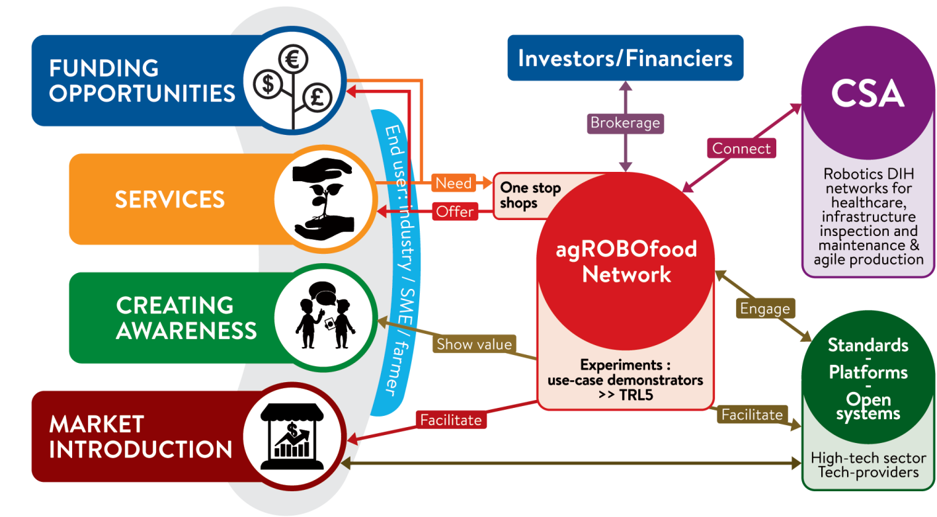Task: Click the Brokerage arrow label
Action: (625, 123)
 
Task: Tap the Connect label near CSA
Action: (741, 148)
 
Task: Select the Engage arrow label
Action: (764, 308)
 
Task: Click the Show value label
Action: (474, 344)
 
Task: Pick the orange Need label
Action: (454, 182)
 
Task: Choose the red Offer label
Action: (454, 212)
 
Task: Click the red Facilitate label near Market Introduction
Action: (451, 419)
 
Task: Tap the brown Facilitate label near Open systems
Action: (752, 415)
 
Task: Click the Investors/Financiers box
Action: (625, 58)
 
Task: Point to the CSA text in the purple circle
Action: (868, 94)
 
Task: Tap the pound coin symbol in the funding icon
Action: (317, 98)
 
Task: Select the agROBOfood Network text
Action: (626, 261)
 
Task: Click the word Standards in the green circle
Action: (868, 344)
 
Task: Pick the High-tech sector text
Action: (868, 457)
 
